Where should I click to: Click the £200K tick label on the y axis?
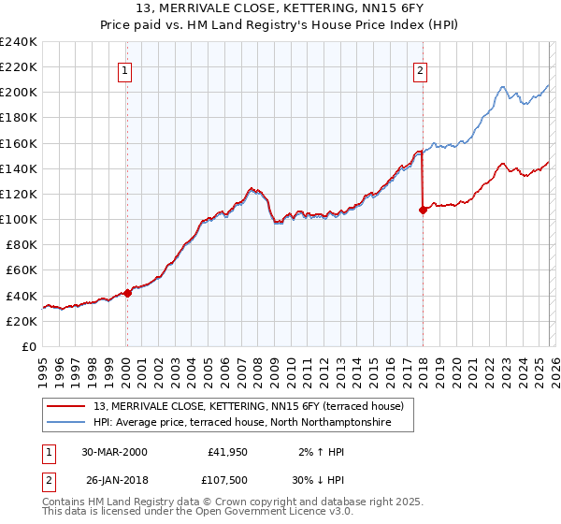pyautogui.click(x=19, y=93)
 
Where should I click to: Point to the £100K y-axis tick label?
pyautogui.click(x=19, y=219)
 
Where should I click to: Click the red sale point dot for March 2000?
pyautogui.click(x=128, y=293)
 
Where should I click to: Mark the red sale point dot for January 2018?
pyautogui.click(x=423, y=210)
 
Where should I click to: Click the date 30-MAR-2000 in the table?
pyautogui.click(x=114, y=452)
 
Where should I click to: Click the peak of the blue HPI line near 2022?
pyautogui.click(x=502, y=88)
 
